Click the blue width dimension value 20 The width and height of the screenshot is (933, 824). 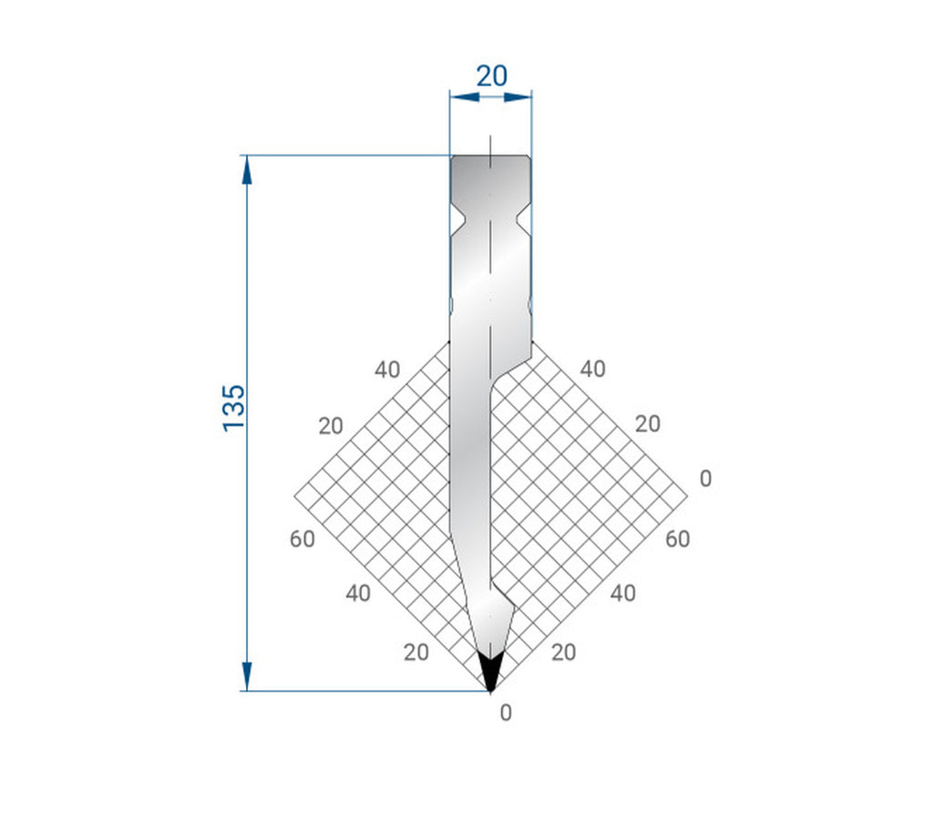[491, 76]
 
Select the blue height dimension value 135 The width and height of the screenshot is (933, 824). [233, 407]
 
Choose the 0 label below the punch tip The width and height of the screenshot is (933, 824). [506, 713]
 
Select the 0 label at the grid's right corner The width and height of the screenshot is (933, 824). [704, 479]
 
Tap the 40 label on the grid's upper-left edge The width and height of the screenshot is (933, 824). [386, 370]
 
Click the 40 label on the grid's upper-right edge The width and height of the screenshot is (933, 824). [592, 369]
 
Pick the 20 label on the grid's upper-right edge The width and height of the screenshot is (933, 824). [648, 423]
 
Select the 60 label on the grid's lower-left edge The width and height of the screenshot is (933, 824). [302, 539]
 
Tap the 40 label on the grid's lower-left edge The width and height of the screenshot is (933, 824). [358, 594]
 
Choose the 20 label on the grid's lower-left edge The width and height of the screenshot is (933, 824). [415, 652]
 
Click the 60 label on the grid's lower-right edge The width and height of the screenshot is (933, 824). [677, 539]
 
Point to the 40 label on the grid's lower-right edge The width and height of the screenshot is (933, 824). [622, 594]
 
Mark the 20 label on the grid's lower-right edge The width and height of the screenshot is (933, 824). [564, 652]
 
